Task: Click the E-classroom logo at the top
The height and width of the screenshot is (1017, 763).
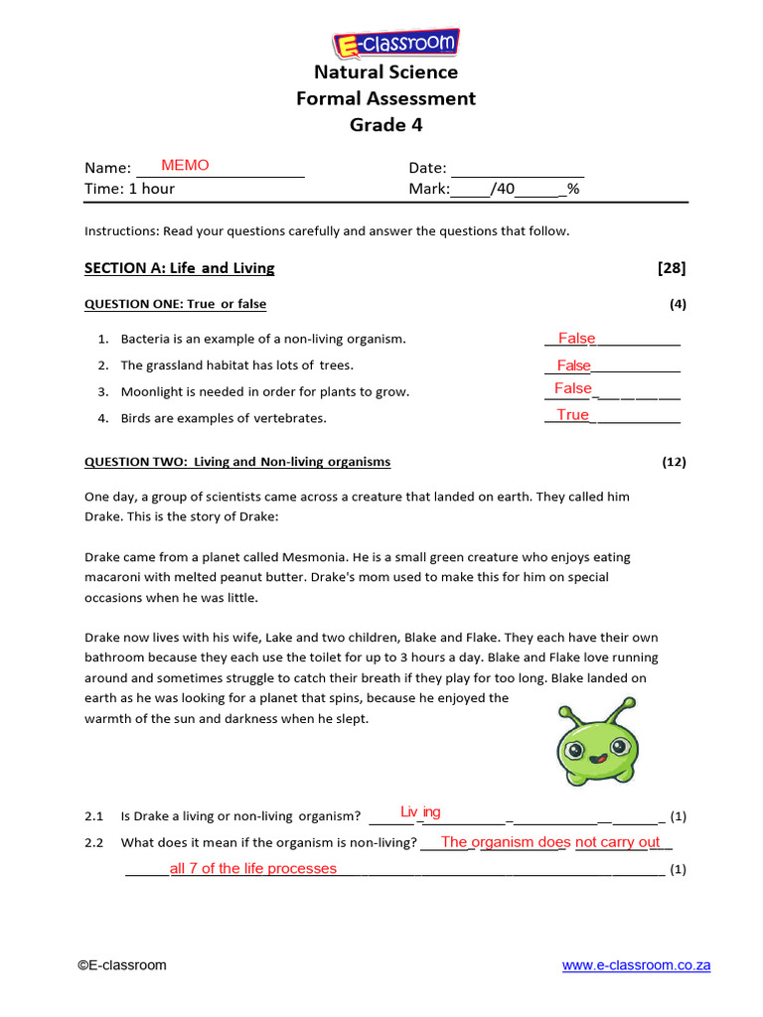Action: [394, 44]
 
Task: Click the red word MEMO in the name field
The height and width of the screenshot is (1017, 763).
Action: [185, 166]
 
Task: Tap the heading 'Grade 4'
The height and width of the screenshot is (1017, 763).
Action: [385, 125]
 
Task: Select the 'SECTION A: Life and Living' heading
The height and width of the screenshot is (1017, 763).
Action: [179, 268]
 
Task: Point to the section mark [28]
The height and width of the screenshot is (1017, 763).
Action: [672, 268]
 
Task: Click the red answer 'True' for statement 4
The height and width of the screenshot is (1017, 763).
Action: [572, 415]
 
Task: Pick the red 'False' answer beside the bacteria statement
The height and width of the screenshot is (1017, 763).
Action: [576, 339]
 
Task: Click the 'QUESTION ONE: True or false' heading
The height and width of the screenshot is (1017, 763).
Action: [175, 304]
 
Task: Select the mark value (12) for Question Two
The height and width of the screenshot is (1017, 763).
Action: [674, 462]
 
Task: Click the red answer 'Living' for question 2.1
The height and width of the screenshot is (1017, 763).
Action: [420, 812]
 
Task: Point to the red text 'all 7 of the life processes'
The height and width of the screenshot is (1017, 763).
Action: [253, 869]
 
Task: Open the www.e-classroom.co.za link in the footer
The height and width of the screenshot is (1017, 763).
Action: [636, 965]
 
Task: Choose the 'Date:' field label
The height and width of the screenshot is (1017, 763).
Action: [427, 168]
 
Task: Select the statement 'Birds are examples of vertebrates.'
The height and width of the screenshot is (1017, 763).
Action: [224, 418]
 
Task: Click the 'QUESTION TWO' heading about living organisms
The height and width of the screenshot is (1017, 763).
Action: [237, 462]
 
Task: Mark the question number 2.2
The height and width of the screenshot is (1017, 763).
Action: [94, 843]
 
